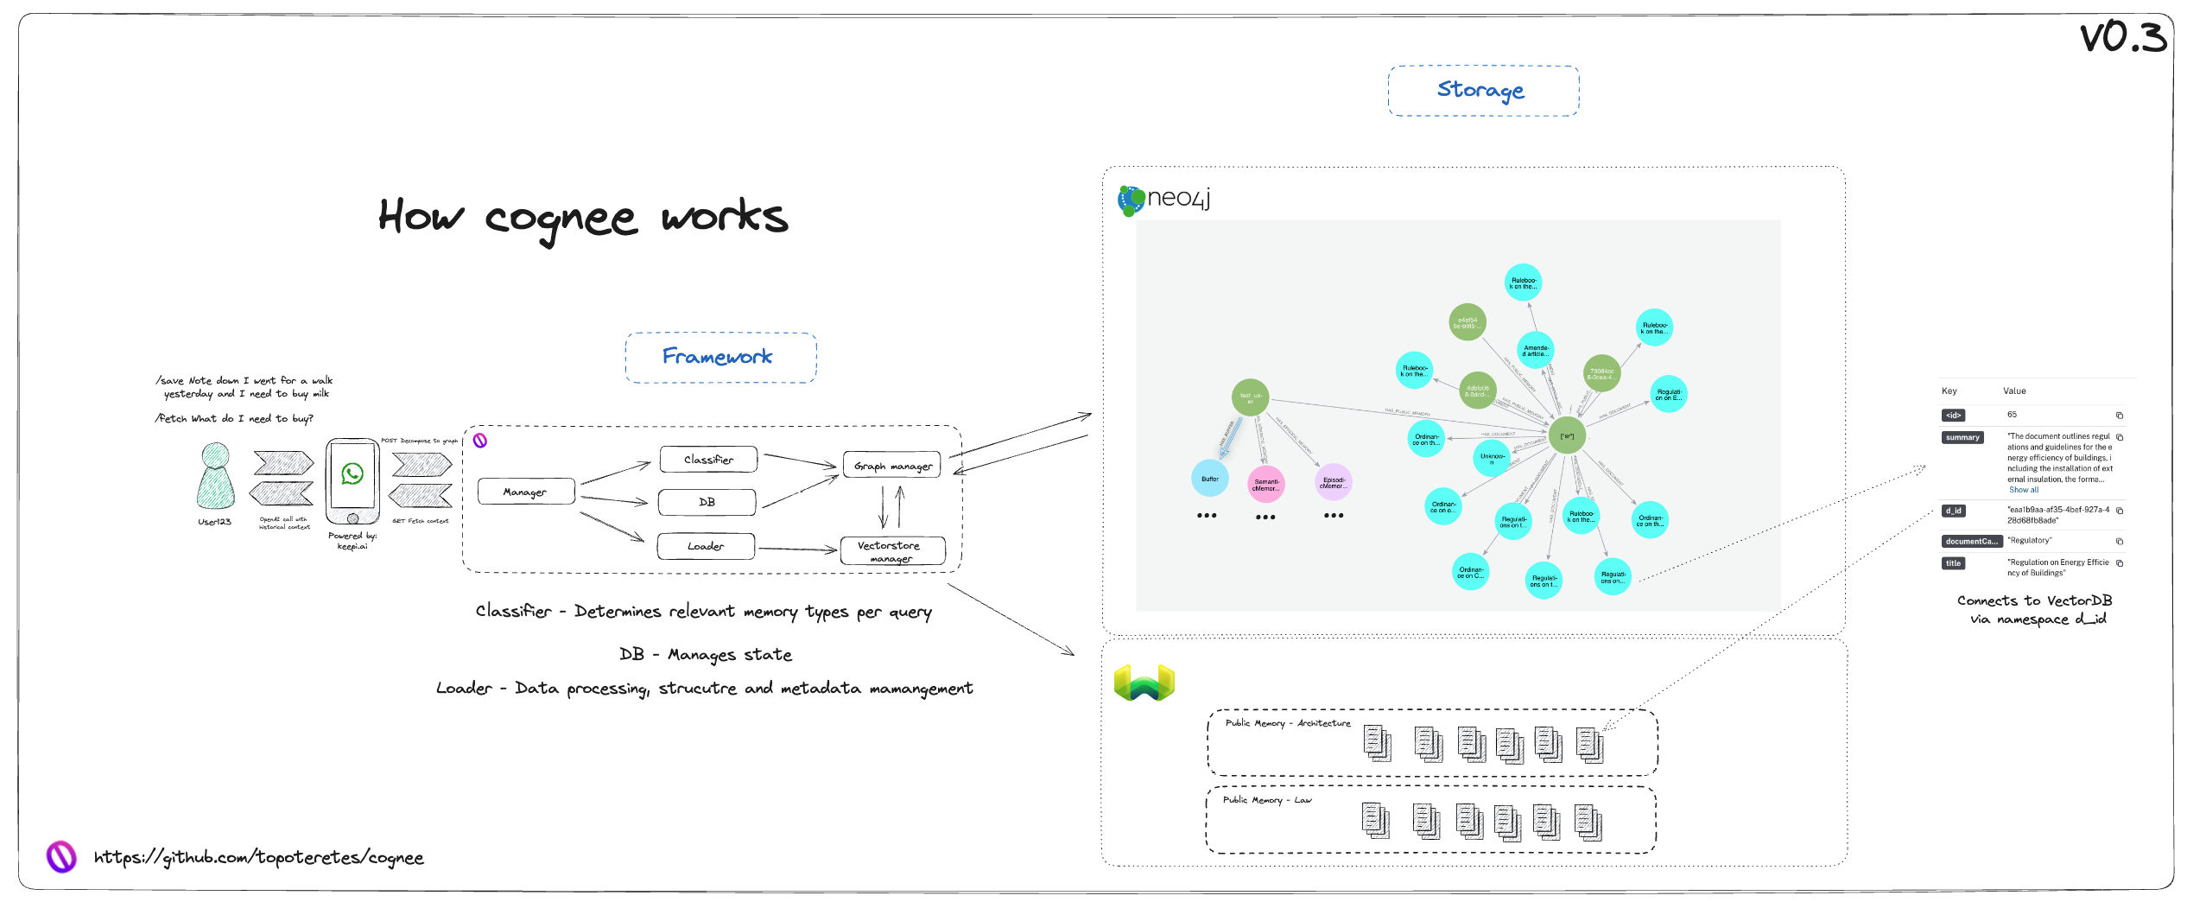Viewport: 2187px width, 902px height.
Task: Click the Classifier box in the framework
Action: pyautogui.click(x=708, y=460)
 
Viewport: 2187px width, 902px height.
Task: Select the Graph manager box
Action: pyautogui.click(x=892, y=465)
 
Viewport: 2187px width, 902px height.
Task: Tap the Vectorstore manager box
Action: pyautogui.click(x=892, y=551)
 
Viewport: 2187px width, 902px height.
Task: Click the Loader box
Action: pyautogui.click(x=706, y=546)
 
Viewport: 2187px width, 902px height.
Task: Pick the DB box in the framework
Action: pyautogui.click(x=707, y=502)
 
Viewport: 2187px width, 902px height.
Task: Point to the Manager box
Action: pyautogui.click(x=525, y=492)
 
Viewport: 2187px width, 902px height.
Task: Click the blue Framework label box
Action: pyautogui.click(x=720, y=358)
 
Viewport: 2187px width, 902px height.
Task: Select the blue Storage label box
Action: pyautogui.click(x=1483, y=91)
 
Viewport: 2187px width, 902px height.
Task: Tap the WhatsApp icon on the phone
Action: pyautogui.click(x=352, y=473)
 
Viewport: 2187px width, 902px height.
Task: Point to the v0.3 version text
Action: pyautogui.click(x=2122, y=37)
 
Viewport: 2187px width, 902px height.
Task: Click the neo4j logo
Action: pyautogui.click(x=1164, y=199)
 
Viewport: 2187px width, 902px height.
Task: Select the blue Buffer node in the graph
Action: pyautogui.click(x=1209, y=479)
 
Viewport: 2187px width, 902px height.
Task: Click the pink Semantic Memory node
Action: pyautogui.click(x=1266, y=485)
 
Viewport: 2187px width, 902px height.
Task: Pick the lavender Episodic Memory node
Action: pyautogui.click(x=1333, y=482)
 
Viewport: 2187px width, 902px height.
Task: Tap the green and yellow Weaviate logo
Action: pyautogui.click(x=1144, y=683)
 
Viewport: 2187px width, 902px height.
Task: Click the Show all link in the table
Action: pyautogui.click(x=2023, y=490)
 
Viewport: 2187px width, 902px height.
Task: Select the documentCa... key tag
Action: pyautogui.click(x=1971, y=542)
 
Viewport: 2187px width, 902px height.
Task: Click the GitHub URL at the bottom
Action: pyautogui.click(x=258, y=858)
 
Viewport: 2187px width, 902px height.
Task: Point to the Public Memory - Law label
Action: pyautogui.click(x=1266, y=800)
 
